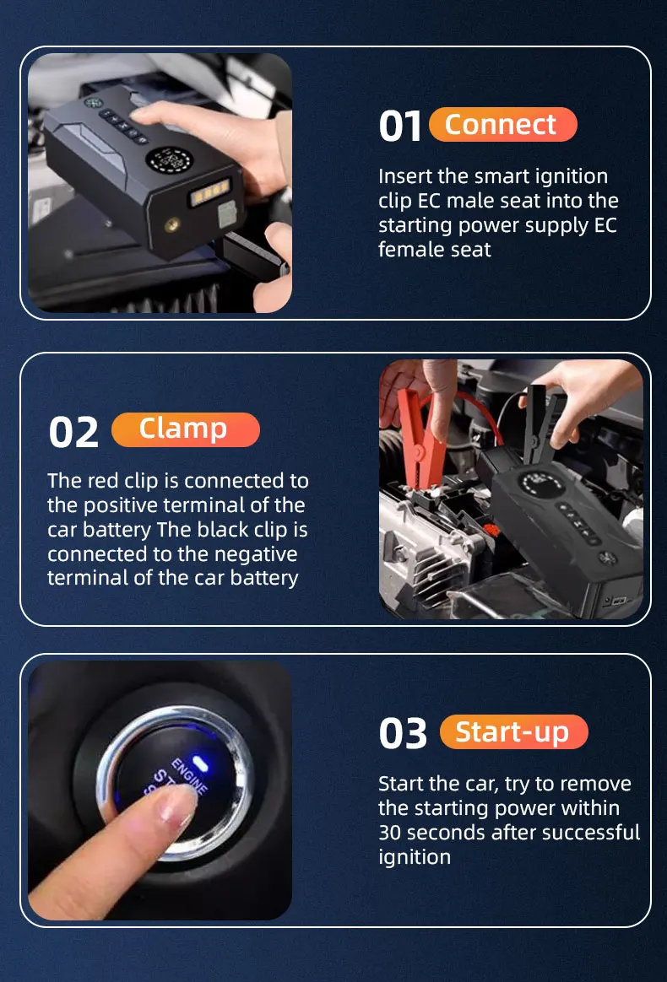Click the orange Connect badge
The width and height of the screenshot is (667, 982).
[502, 125]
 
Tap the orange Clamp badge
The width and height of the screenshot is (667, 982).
[185, 429]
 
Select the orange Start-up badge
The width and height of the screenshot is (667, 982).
[513, 731]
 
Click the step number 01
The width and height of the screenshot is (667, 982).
[400, 127]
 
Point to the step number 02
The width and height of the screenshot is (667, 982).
[73, 432]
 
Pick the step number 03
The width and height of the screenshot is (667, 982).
[403, 734]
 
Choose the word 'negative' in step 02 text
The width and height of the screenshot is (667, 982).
[253, 554]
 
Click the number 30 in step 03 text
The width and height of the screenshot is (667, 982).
[391, 833]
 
